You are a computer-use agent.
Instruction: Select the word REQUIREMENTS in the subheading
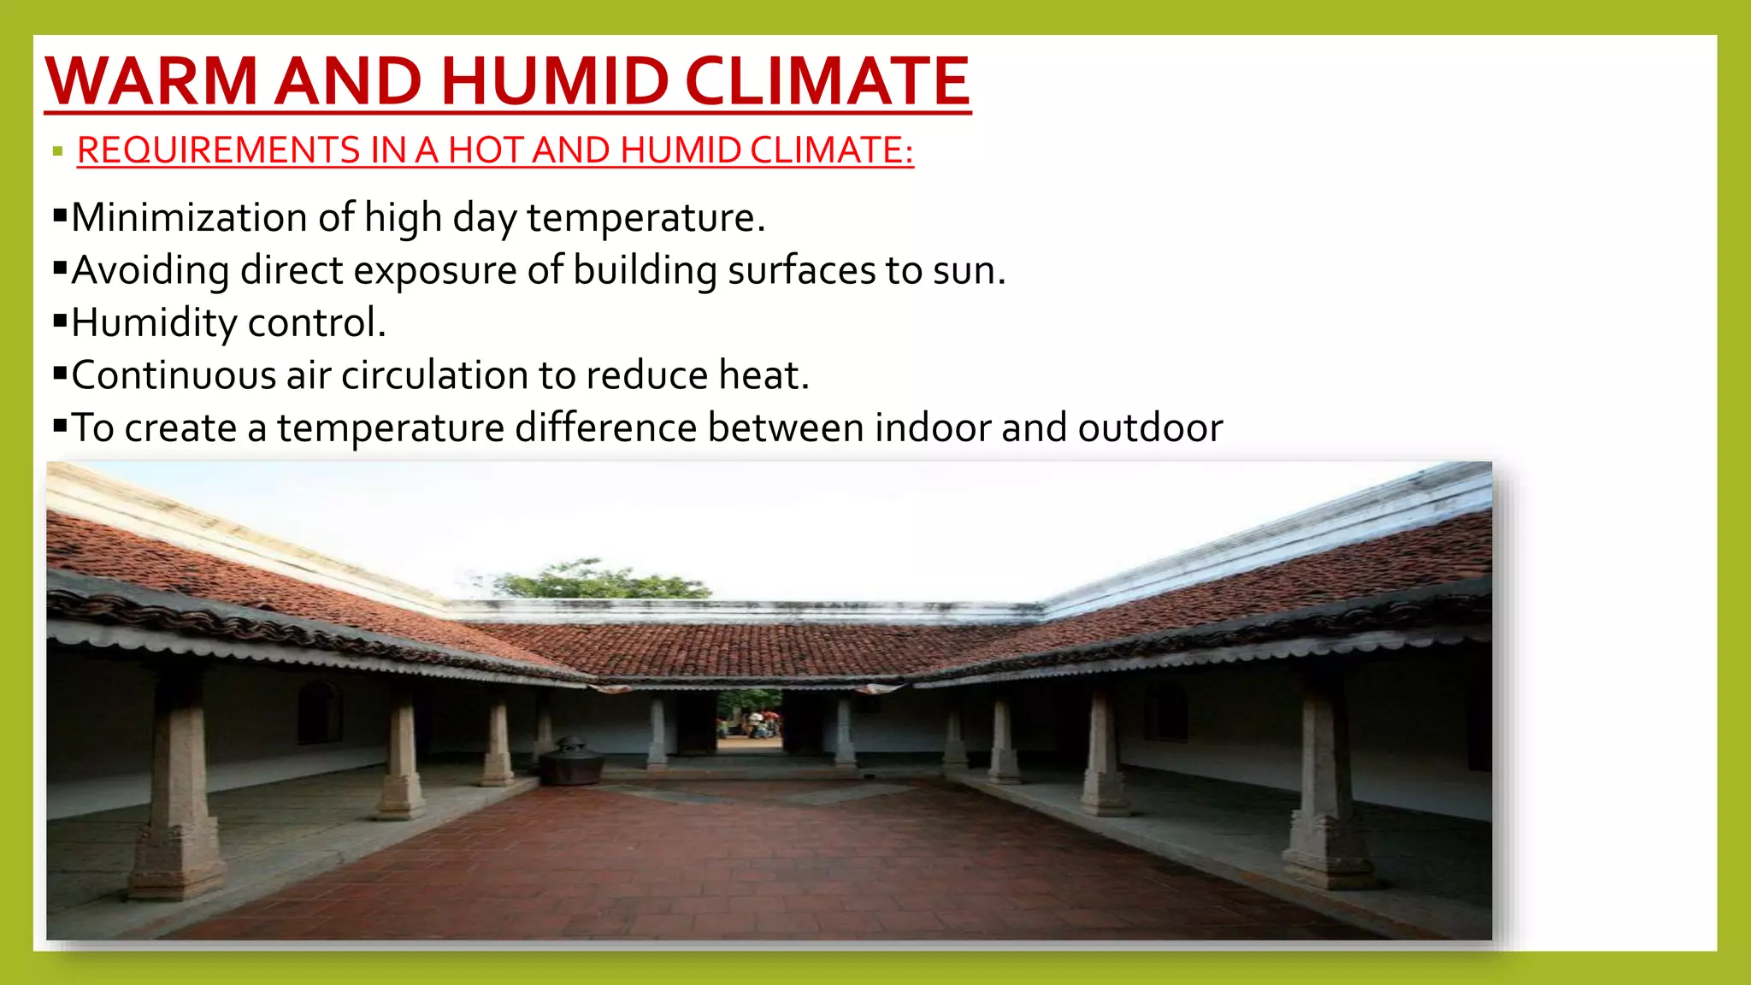[x=218, y=150]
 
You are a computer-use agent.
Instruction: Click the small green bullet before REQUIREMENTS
[x=57, y=152]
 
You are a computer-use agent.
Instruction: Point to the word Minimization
[x=189, y=217]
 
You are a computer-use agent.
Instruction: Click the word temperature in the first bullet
[x=646, y=217]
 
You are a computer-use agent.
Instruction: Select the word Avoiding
[x=150, y=270]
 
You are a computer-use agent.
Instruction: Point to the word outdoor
[x=1150, y=428]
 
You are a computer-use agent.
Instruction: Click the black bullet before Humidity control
[x=60, y=321]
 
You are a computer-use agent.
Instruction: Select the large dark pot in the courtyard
[x=569, y=761]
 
